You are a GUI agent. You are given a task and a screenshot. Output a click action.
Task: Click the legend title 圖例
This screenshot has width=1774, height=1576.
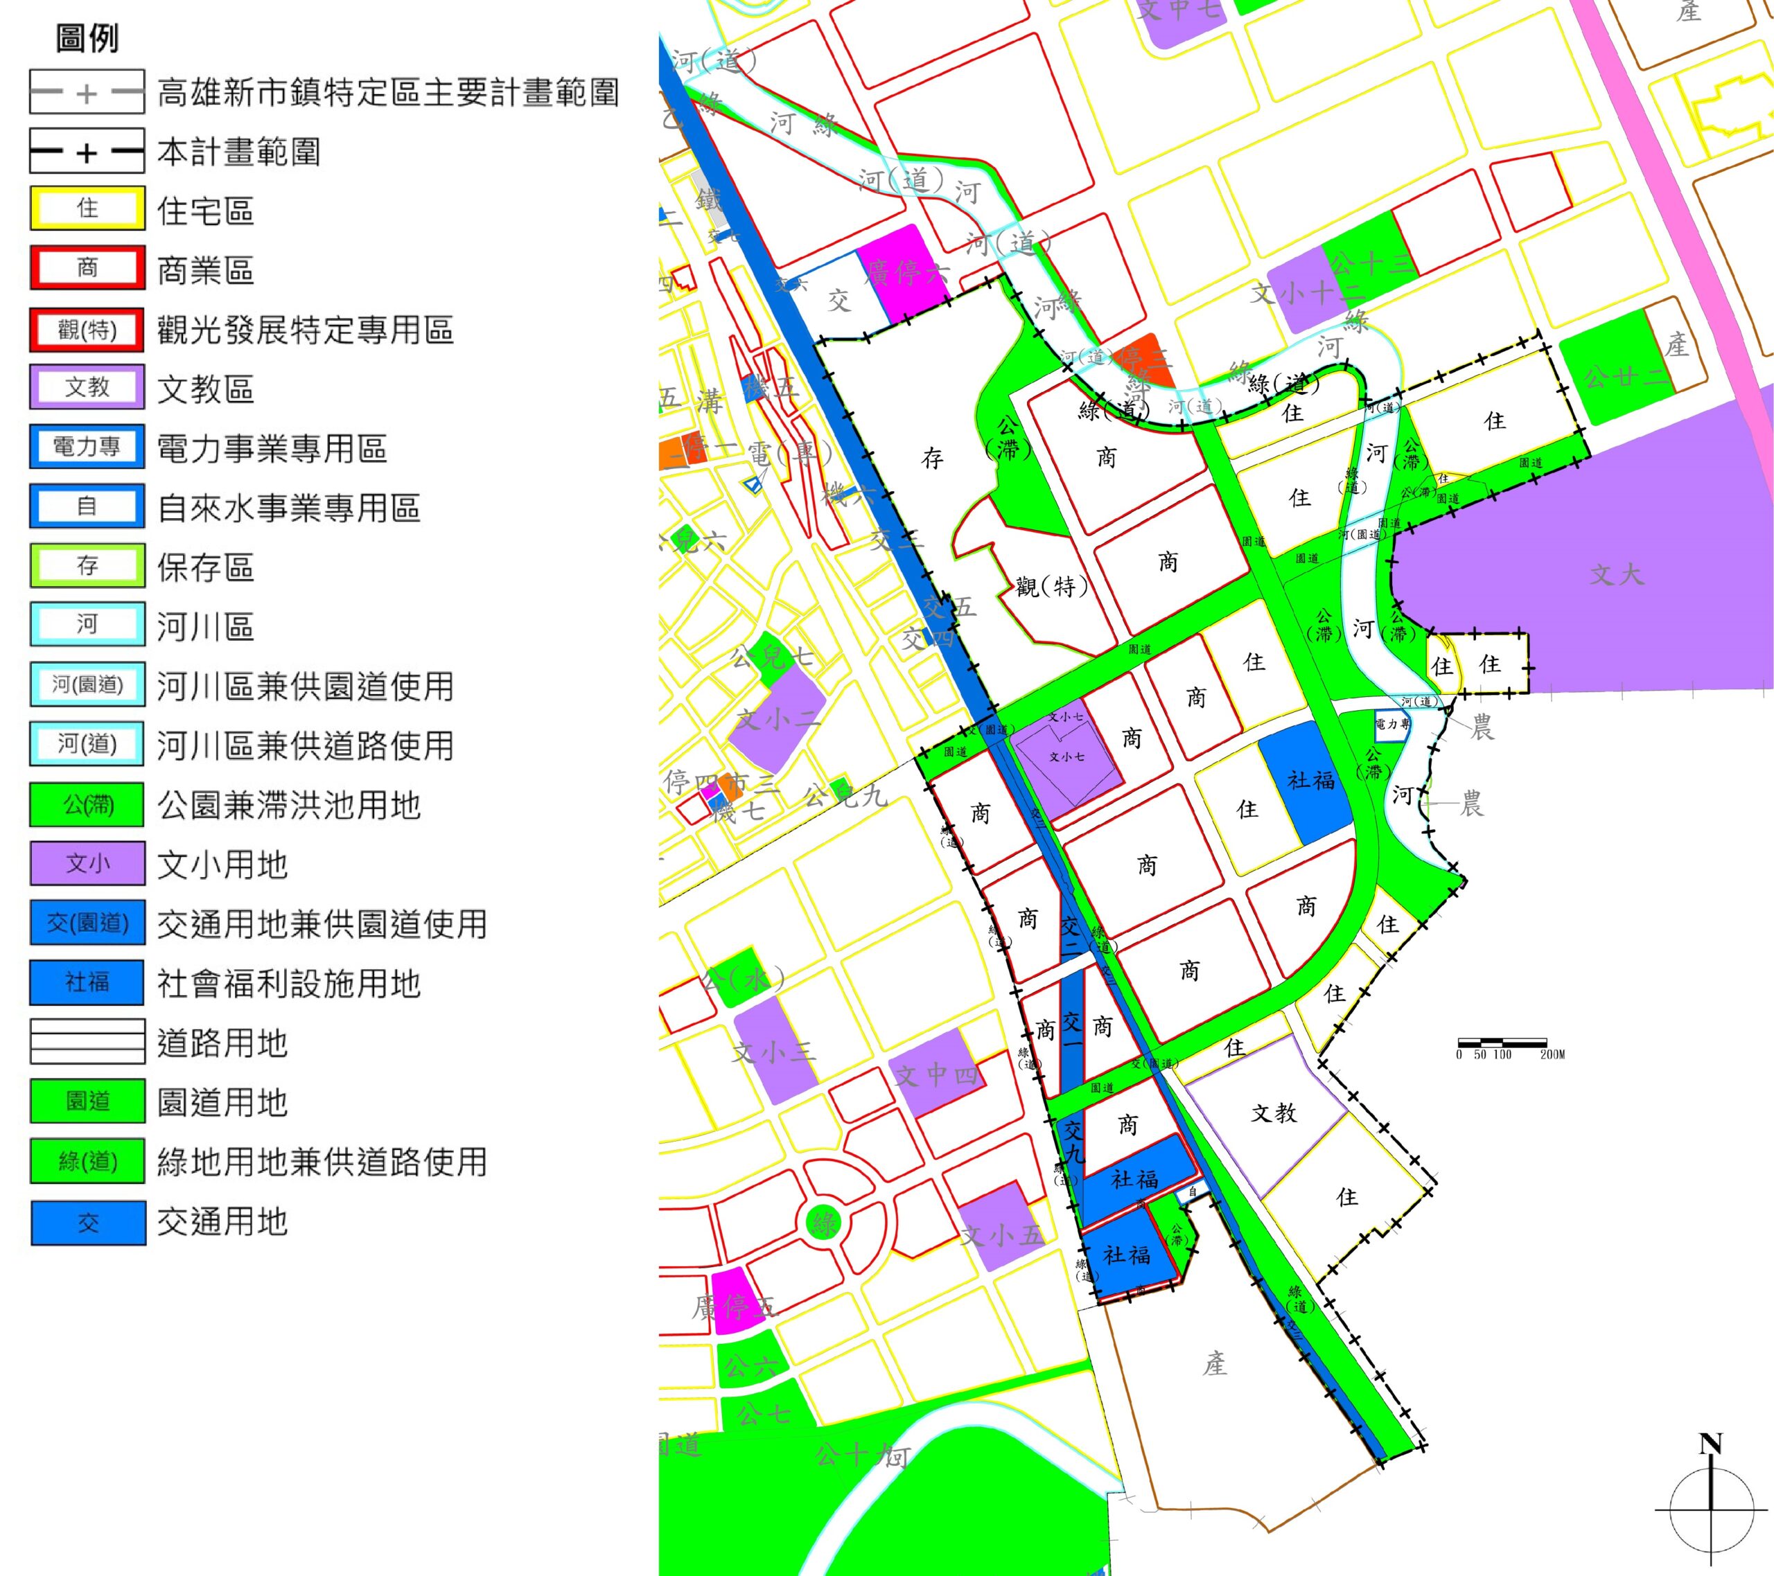pos(87,39)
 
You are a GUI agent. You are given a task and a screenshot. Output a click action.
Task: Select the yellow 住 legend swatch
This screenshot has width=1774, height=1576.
pos(87,209)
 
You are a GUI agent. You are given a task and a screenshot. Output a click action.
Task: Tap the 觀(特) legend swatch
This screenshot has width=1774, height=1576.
pos(87,329)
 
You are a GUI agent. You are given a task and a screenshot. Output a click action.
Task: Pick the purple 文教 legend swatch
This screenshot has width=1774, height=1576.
pos(87,388)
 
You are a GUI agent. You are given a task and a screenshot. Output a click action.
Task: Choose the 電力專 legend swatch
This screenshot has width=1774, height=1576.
pos(87,448)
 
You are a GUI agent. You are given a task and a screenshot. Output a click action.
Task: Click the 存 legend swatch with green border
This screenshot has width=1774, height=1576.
pos(87,566)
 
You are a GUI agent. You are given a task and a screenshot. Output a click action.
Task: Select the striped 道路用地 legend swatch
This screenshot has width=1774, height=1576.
pos(87,1041)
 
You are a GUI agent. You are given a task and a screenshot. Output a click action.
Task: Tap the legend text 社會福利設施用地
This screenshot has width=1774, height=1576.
pos(288,983)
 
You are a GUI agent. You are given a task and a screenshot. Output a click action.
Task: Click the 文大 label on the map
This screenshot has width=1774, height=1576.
pos(1616,574)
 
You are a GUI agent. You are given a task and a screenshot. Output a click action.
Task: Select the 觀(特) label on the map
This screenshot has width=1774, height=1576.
pos(1051,587)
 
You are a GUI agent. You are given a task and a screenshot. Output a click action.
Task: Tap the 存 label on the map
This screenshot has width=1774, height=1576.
pos(932,459)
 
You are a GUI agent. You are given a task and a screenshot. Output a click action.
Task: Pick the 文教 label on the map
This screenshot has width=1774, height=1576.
pos(1273,1113)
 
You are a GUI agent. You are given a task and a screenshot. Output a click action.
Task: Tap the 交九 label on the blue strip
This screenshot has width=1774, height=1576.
pos(1073,1141)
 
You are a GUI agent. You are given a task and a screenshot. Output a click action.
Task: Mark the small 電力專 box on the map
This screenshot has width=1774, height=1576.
pos(1392,725)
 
